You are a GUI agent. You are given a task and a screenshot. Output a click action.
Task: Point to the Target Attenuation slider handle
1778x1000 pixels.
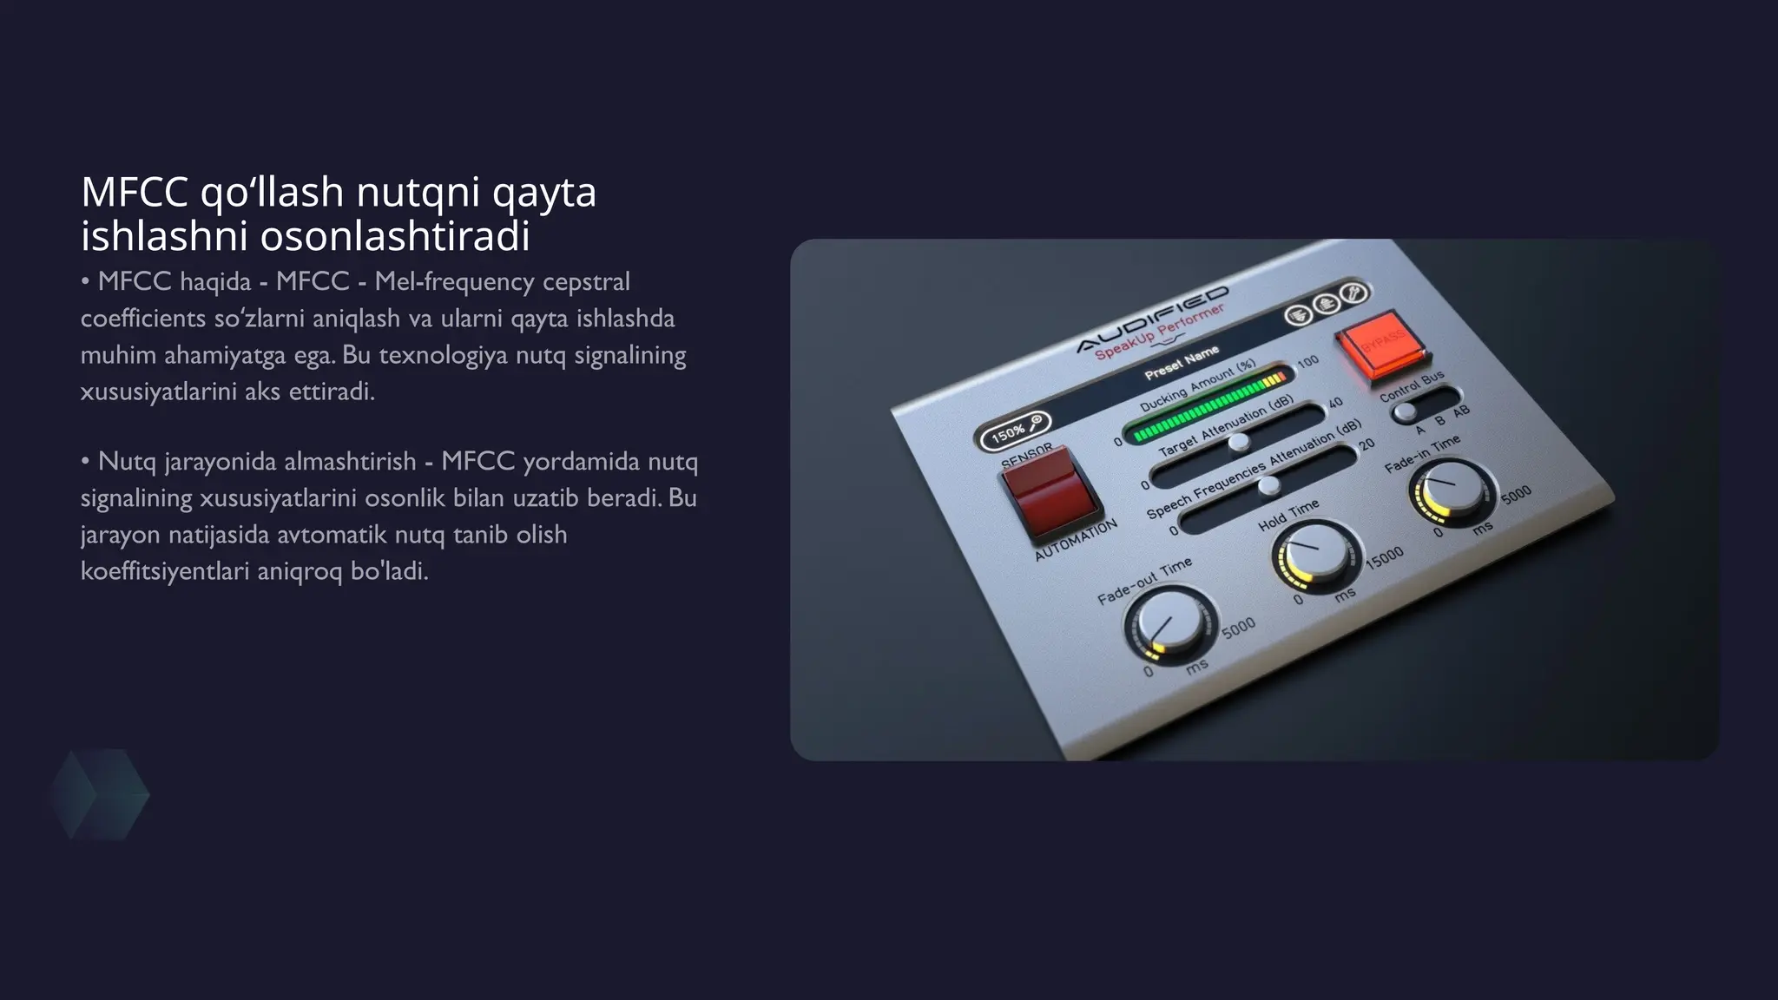click(1239, 442)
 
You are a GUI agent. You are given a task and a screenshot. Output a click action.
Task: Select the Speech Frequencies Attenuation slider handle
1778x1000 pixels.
click(1268, 485)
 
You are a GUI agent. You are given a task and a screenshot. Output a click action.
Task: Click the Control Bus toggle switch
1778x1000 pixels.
click(1406, 412)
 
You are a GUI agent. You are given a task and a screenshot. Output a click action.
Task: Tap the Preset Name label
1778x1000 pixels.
click(1182, 363)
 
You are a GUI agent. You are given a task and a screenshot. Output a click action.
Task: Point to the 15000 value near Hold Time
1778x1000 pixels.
click(1384, 557)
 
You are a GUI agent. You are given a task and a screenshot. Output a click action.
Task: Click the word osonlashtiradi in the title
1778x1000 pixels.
click(395, 236)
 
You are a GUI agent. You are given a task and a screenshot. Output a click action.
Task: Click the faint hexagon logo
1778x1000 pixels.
click(98, 794)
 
